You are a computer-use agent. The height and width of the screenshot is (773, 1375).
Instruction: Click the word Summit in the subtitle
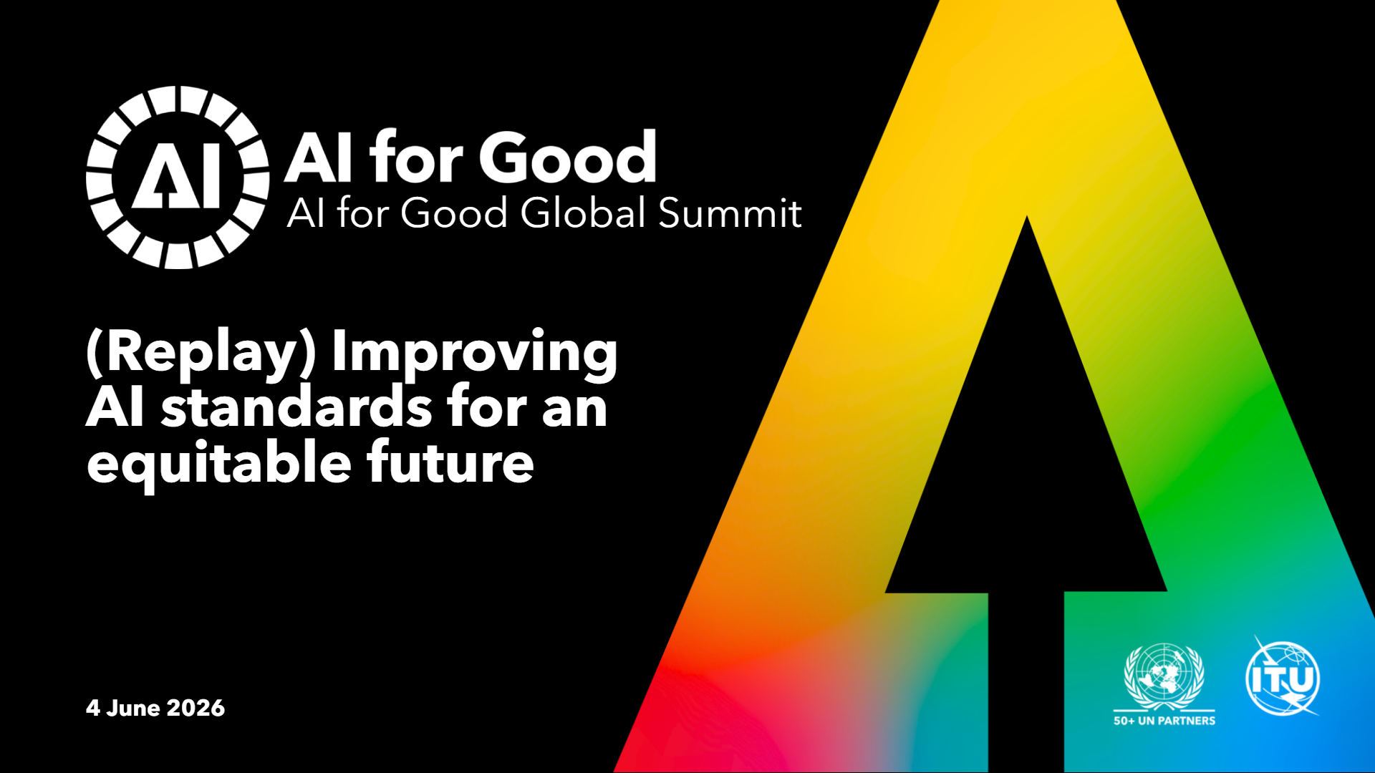[x=730, y=213]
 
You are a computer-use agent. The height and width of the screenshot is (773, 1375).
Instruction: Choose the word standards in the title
[x=296, y=407]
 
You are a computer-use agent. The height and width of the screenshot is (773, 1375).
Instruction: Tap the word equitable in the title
[x=219, y=464]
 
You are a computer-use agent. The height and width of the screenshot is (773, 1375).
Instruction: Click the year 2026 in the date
[x=196, y=708]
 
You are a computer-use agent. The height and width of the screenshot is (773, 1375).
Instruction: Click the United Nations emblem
[x=1164, y=676]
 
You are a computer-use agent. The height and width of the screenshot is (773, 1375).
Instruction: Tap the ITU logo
[x=1283, y=677]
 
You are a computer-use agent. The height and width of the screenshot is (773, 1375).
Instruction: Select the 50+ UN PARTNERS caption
[x=1164, y=721]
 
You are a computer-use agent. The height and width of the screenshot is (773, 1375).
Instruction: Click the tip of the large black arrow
[x=1027, y=216]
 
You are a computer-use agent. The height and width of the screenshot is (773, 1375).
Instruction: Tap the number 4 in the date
[x=93, y=708]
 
